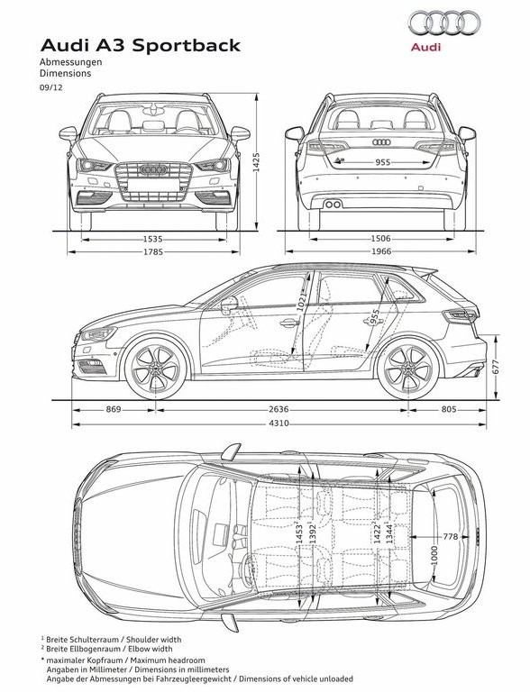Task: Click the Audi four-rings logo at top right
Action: click(443, 23)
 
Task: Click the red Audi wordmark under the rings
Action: click(425, 47)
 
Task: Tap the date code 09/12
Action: click(51, 86)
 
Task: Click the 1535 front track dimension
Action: click(153, 239)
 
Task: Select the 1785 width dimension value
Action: click(153, 252)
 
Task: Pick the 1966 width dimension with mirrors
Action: click(380, 251)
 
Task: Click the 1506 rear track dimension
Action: click(380, 239)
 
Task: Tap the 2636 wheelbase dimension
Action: click(279, 410)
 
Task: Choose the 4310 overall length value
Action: click(279, 423)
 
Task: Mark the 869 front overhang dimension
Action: click(113, 410)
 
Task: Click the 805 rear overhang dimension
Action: click(449, 410)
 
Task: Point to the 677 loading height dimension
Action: click(495, 368)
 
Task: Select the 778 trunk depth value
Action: click(451, 537)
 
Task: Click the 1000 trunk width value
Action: click(434, 555)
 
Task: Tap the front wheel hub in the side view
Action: click(155, 369)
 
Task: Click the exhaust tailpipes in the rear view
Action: click(333, 204)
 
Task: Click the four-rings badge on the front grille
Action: click(153, 169)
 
